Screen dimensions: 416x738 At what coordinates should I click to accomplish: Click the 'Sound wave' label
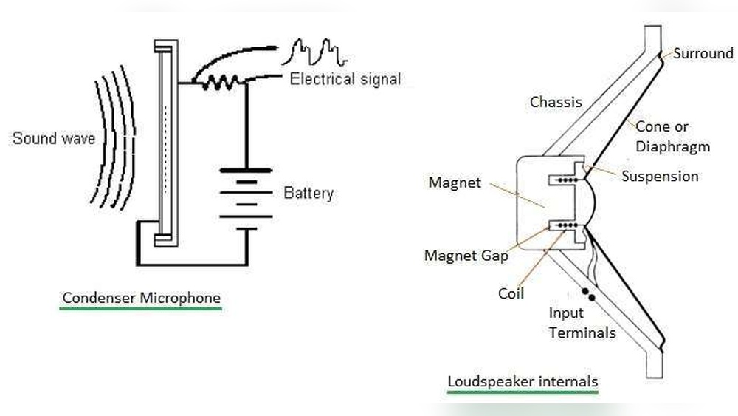(x=53, y=137)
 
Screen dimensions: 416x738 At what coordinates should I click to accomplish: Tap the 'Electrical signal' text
(x=345, y=79)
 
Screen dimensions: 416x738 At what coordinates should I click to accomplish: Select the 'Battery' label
(x=308, y=194)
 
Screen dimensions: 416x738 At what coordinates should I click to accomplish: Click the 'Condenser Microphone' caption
(x=141, y=298)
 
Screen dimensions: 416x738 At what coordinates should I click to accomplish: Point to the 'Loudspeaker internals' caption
(x=523, y=382)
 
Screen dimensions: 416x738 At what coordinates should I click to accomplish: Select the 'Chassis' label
(x=556, y=102)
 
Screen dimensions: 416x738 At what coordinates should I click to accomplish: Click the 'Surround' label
(x=703, y=53)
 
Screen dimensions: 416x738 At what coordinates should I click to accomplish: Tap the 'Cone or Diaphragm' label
(x=672, y=137)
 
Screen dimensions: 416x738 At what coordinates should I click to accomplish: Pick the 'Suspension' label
(x=659, y=176)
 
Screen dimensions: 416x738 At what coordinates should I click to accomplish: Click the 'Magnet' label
(x=454, y=182)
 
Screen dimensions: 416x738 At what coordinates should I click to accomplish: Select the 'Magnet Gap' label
(x=466, y=256)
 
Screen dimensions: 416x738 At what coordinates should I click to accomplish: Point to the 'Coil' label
(x=511, y=293)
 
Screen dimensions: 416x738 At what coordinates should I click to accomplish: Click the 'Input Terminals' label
(x=582, y=323)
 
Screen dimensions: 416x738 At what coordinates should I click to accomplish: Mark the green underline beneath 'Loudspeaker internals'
(x=523, y=393)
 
